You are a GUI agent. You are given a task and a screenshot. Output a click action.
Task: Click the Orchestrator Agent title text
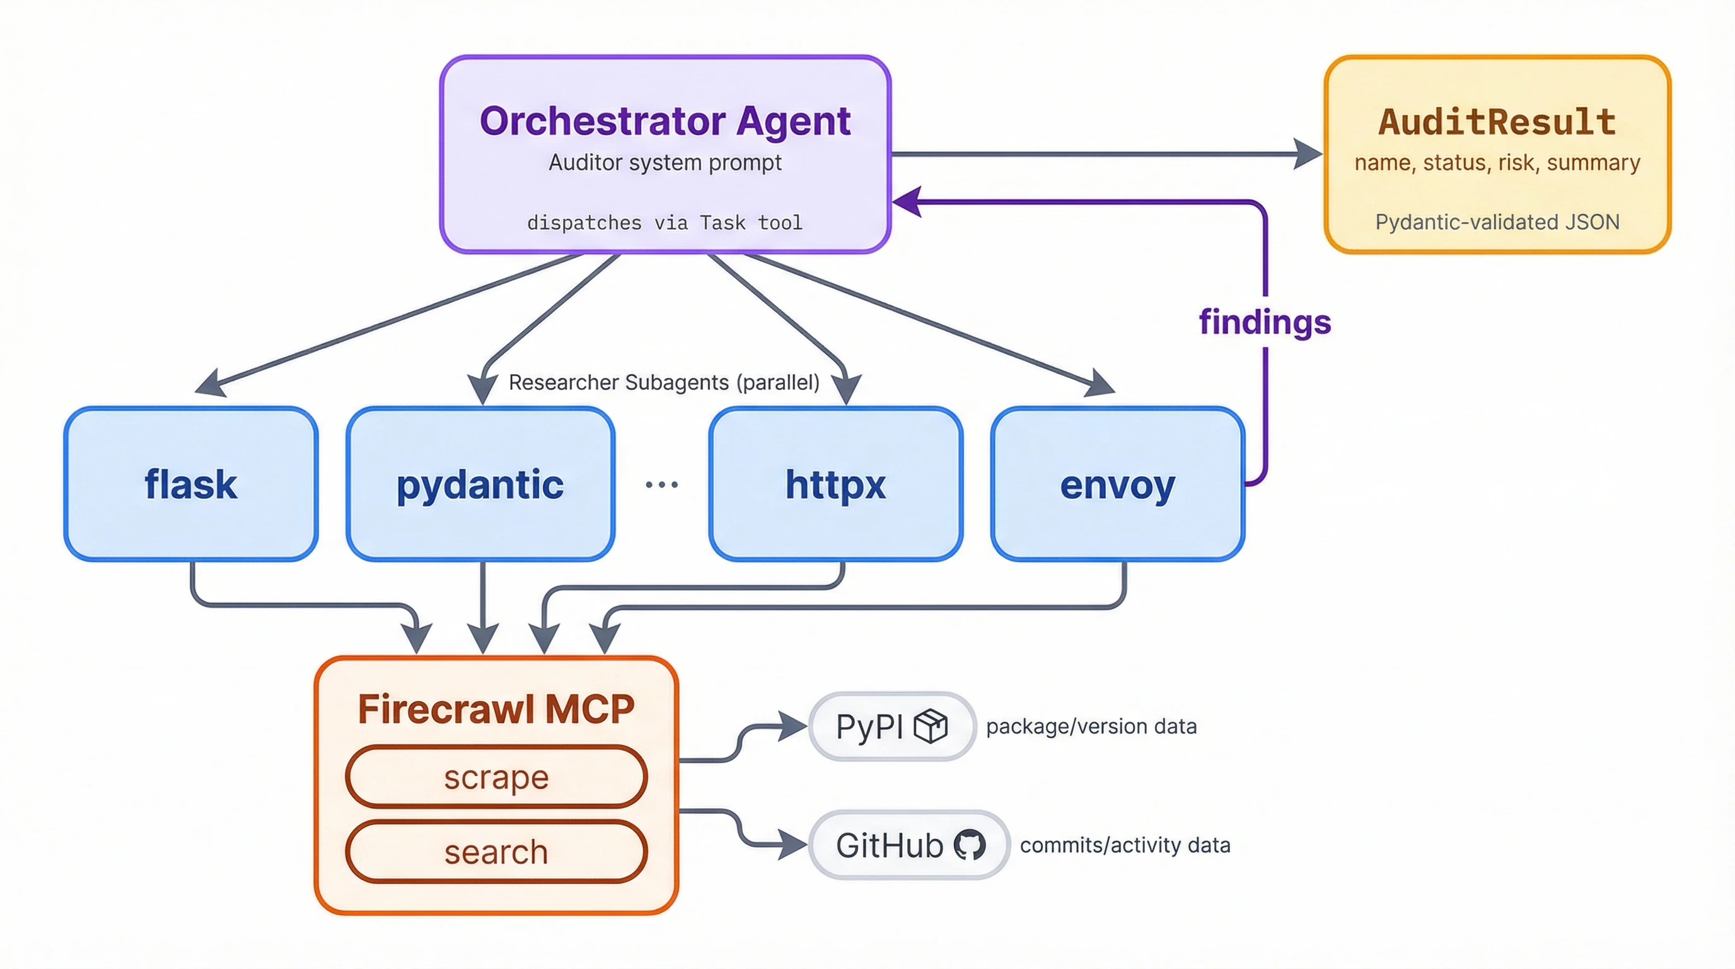664,121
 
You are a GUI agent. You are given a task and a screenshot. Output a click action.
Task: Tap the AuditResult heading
1497,122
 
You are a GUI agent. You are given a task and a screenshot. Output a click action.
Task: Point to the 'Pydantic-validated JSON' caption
1497,221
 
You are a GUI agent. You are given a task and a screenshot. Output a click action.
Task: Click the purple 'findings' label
1264,322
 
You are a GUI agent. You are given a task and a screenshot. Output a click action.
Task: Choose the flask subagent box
190,484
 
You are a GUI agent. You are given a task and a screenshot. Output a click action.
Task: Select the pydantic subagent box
480,484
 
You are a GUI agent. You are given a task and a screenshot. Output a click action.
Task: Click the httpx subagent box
835,484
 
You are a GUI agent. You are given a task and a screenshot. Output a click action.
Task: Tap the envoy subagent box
1117,484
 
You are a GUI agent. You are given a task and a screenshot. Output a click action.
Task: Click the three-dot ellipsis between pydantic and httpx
661,484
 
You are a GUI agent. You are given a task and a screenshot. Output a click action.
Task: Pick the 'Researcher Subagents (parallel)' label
663,382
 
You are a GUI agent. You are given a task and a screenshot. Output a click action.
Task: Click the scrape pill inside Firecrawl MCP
496,777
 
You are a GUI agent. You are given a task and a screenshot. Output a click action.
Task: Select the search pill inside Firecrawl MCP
496,852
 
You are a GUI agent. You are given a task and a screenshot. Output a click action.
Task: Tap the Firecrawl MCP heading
496,709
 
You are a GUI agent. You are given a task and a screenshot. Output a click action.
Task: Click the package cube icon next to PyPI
931,726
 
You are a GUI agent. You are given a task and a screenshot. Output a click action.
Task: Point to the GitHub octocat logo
970,844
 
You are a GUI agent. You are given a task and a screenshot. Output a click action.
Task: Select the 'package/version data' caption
1091,726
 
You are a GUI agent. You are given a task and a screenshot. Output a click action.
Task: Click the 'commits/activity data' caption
1125,845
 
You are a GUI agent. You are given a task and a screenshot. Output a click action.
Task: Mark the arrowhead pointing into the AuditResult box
1308,155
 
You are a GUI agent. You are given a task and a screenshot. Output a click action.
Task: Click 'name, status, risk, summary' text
1497,162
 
